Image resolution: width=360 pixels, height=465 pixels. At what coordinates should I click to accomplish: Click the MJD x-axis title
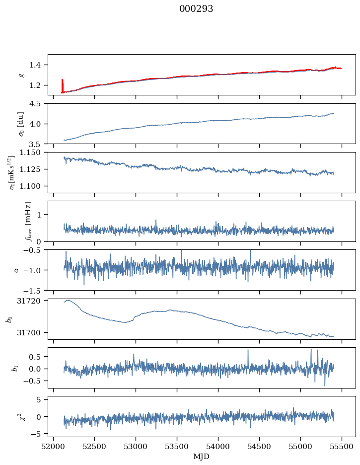point(201,457)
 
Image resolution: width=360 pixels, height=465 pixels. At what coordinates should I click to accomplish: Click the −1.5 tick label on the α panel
point(33,290)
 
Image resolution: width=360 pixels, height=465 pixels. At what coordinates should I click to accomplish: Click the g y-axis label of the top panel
point(21,75)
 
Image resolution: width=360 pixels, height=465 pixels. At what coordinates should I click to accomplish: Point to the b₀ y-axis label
point(8,319)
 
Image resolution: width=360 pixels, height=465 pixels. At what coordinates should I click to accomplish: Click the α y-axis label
point(16,270)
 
